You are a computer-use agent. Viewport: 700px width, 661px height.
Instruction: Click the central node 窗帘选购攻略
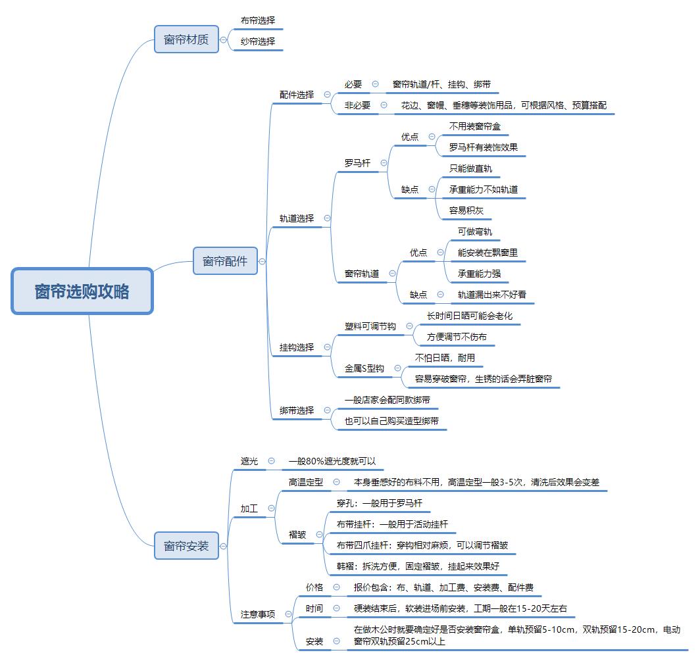tap(82, 291)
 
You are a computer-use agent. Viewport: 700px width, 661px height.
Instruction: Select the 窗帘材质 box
tap(186, 39)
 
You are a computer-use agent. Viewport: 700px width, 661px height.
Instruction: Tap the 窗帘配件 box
tap(225, 261)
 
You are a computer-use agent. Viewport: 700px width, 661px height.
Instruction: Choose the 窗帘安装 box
tap(186, 545)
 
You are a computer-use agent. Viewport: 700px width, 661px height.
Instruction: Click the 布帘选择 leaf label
tap(258, 20)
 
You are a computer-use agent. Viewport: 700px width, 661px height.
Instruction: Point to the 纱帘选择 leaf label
tap(258, 41)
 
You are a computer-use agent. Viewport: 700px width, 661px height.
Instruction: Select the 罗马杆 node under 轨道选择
tap(357, 163)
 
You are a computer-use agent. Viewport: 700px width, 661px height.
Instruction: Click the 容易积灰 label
tap(466, 210)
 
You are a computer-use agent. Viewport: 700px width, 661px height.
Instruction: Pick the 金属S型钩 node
tap(364, 368)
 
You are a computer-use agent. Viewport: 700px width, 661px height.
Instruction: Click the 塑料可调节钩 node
tap(370, 326)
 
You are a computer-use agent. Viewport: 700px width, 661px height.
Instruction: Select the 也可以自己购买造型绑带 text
tap(391, 421)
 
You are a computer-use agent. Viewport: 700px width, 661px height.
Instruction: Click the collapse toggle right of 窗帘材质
tap(224, 39)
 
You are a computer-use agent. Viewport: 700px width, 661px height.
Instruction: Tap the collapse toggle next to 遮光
tap(270, 461)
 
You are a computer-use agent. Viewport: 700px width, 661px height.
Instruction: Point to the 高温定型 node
tap(306, 482)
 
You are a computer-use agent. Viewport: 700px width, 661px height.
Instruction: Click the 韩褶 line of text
tap(418, 566)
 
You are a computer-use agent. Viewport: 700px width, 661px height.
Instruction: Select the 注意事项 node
tap(258, 614)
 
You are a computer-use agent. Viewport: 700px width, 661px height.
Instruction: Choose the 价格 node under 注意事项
tap(314, 587)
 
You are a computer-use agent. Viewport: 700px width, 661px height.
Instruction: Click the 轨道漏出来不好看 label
tap(492, 295)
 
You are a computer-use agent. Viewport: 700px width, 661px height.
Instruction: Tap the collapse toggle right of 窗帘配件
tap(262, 261)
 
